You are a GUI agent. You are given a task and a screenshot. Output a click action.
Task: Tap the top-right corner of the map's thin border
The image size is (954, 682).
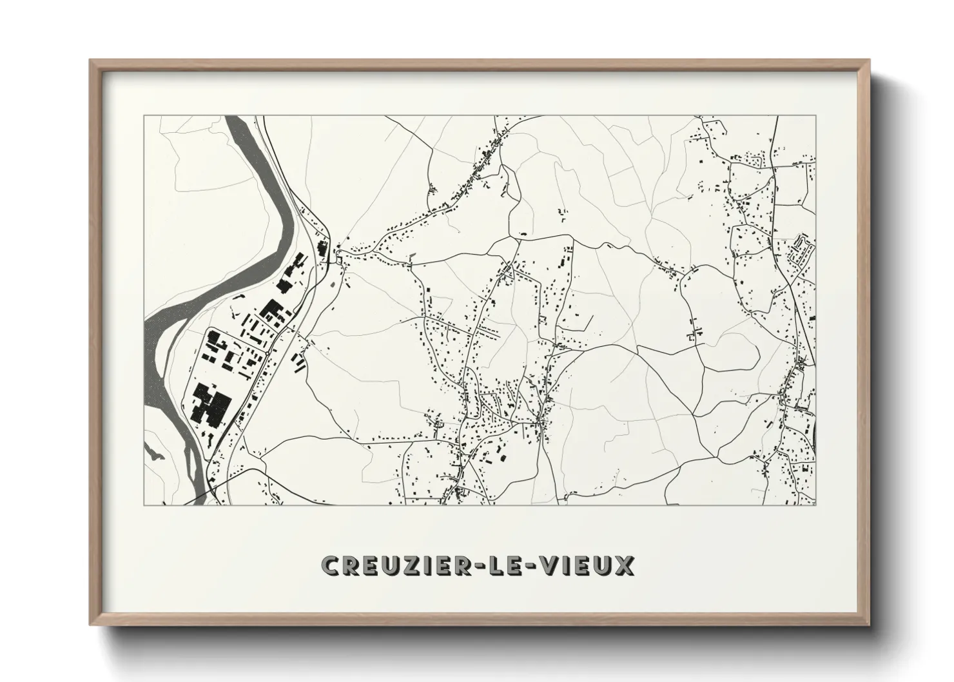coord(815,116)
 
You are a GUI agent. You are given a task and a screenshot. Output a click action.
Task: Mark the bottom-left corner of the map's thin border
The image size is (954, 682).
coord(144,505)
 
